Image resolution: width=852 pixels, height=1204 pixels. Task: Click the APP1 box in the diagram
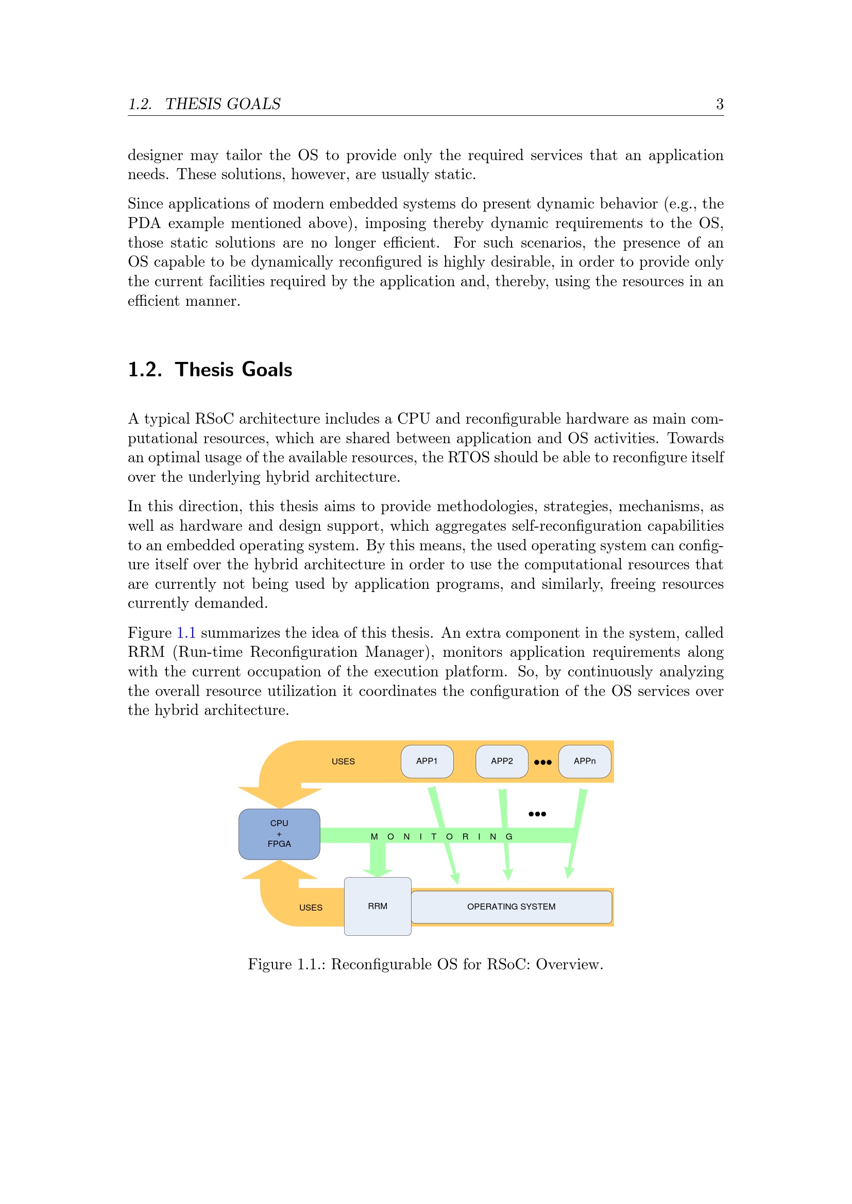(x=427, y=761)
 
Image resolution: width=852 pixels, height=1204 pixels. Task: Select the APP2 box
(x=502, y=761)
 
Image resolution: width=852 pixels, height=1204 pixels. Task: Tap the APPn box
(x=585, y=761)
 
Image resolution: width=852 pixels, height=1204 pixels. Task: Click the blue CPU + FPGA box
(x=279, y=833)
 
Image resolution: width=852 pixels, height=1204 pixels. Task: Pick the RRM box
(x=377, y=906)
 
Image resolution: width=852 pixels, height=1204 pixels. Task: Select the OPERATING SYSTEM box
(x=511, y=906)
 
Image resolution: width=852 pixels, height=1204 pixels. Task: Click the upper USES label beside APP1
(x=343, y=761)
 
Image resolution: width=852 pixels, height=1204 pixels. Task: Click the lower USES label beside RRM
(x=311, y=908)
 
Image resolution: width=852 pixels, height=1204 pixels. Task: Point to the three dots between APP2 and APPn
(x=542, y=762)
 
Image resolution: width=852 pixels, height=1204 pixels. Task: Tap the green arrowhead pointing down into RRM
(x=377, y=871)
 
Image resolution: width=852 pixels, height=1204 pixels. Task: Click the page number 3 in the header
(x=720, y=104)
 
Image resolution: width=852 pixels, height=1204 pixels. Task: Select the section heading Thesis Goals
(x=233, y=370)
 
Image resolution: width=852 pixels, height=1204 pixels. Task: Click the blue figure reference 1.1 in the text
(x=186, y=633)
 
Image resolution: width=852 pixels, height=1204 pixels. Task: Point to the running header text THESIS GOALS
(x=223, y=104)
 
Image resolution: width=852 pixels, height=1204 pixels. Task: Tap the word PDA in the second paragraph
(x=144, y=223)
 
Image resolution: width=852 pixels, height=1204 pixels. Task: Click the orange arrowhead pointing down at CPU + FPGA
(x=280, y=797)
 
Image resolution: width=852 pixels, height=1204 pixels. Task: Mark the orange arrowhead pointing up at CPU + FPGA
(x=280, y=870)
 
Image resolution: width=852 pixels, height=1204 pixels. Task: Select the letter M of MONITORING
(x=374, y=836)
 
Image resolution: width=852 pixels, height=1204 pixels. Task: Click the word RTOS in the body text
(x=468, y=457)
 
